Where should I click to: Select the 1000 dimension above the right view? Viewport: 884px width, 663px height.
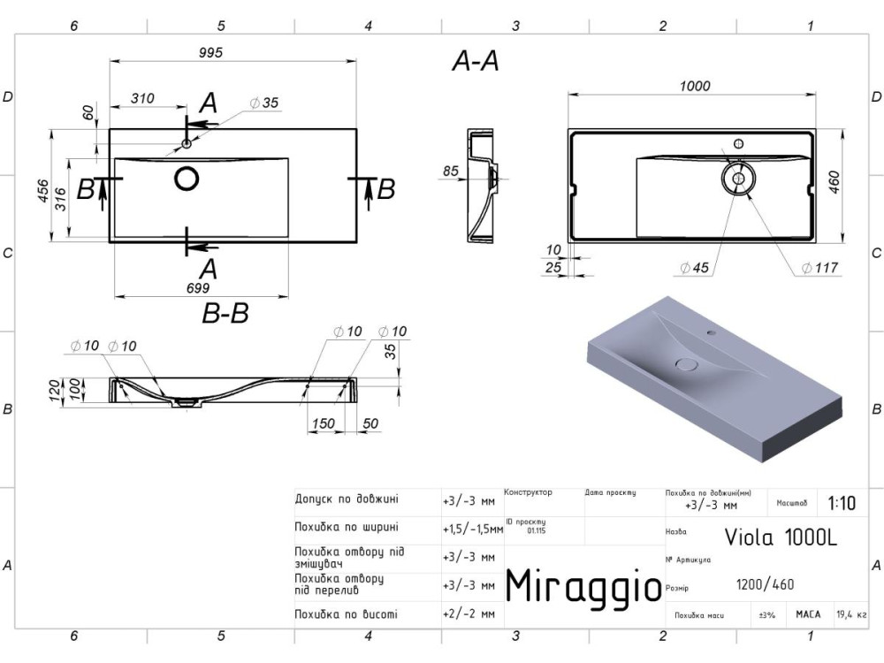695,86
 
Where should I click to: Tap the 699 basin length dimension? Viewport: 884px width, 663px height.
197,288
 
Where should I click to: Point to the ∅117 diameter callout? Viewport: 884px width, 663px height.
819,268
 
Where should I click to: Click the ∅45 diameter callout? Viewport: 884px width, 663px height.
695,268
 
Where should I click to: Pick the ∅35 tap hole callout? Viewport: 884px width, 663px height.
264,103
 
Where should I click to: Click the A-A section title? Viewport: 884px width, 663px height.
476,60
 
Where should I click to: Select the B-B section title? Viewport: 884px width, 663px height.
225,313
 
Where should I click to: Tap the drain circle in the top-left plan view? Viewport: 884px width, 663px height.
187,179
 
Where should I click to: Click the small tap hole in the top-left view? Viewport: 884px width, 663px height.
187,143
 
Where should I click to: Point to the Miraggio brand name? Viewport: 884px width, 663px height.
583,584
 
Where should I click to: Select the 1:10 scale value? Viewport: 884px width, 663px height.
842,504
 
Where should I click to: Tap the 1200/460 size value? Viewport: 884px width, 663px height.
765,584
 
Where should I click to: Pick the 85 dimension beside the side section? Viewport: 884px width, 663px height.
450,171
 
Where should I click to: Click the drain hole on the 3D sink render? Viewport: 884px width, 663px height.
687,363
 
